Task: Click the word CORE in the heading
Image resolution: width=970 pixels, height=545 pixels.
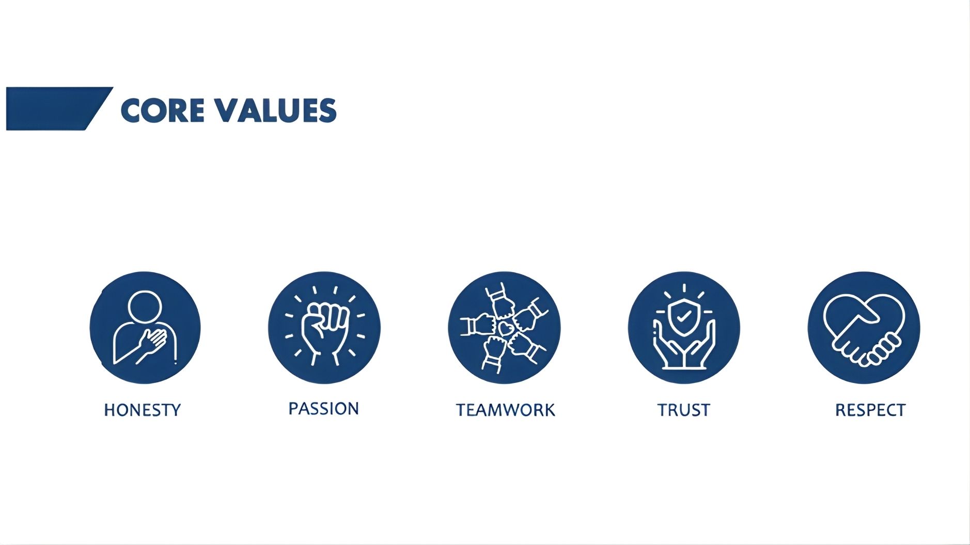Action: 162,110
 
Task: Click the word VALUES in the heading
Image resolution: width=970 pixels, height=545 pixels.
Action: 275,110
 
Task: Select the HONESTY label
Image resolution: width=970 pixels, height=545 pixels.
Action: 143,410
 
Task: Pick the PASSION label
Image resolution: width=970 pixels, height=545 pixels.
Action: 323,409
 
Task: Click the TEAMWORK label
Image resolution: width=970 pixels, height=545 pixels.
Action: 505,410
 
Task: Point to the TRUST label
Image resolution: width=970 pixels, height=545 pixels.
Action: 684,410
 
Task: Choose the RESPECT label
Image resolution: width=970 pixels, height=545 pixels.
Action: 870,410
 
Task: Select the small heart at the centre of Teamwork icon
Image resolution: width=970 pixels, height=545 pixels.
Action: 505,327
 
